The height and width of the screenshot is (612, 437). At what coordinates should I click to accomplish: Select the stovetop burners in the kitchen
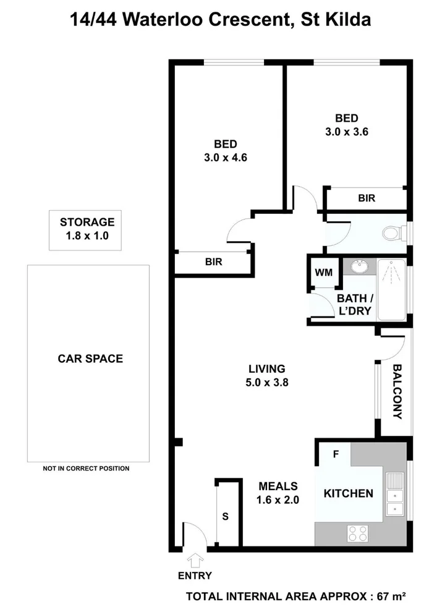pyautogui.click(x=358, y=533)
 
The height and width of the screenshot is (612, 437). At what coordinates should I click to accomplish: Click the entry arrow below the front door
pyautogui.click(x=195, y=560)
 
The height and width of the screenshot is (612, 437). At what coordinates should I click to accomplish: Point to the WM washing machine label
pyautogui.click(x=324, y=273)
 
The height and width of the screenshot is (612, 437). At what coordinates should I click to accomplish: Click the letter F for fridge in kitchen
pyautogui.click(x=336, y=454)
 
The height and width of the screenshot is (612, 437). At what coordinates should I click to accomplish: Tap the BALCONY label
pyautogui.click(x=397, y=391)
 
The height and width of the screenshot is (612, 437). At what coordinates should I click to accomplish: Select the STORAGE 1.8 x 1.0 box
pyautogui.click(x=85, y=231)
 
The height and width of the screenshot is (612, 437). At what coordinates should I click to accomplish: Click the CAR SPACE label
pyautogui.click(x=90, y=359)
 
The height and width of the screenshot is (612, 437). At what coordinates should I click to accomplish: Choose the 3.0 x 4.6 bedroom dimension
pyautogui.click(x=226, y=157)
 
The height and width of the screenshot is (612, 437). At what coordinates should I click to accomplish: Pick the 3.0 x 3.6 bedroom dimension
pyautogui.click(x=347, y=132)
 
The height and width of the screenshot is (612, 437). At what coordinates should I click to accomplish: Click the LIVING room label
pyautogui.click(x=267, y=368)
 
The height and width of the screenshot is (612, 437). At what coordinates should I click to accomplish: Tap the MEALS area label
pyautogui.click(x=278, y=486)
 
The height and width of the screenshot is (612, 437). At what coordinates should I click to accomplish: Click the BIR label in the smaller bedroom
pyautogui.click(x=367, y=198)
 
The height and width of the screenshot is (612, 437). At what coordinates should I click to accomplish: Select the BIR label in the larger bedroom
pyautogui.click(x=214, y=262)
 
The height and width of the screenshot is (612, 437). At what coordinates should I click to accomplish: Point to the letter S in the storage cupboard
pyautogui.click(x=225, y=516)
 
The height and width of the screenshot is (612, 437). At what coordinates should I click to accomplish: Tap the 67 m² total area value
pyautogui.click(x=391, y=597)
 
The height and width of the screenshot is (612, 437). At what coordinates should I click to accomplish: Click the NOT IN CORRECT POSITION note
pyautogui.click(x=87, y=469)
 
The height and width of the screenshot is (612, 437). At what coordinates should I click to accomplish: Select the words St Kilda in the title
pyautogui.click(x=336, y=20)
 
